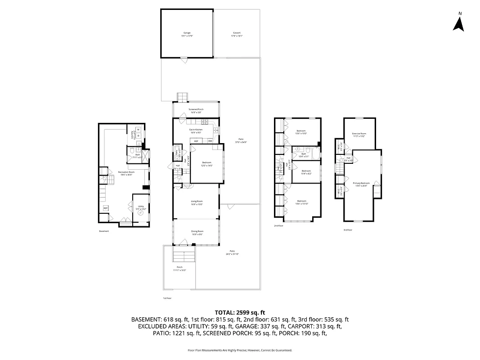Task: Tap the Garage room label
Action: [x=187, y=33]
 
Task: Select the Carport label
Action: [x=237, y=33]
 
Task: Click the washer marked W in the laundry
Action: [x=139, y=130]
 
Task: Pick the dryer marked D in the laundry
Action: [x=139, y=135]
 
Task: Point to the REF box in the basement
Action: [x=106, y=208]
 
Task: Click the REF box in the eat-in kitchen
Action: [x=196, y=141]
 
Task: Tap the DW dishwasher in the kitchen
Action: [x=210, y=141]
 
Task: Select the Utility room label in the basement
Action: [x=141, y=207]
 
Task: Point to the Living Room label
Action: [x=197, y=201]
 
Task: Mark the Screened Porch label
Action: [x=196, y=109]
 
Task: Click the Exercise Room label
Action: [x=359, y=134]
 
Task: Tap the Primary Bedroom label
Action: [x=361, y=183]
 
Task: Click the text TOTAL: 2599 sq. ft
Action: [x=240, y=312]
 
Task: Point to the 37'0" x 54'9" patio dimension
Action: [x=241, y=142]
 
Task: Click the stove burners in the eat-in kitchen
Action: [x=206, y=121]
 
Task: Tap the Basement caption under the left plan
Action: [x=104, y=231]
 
